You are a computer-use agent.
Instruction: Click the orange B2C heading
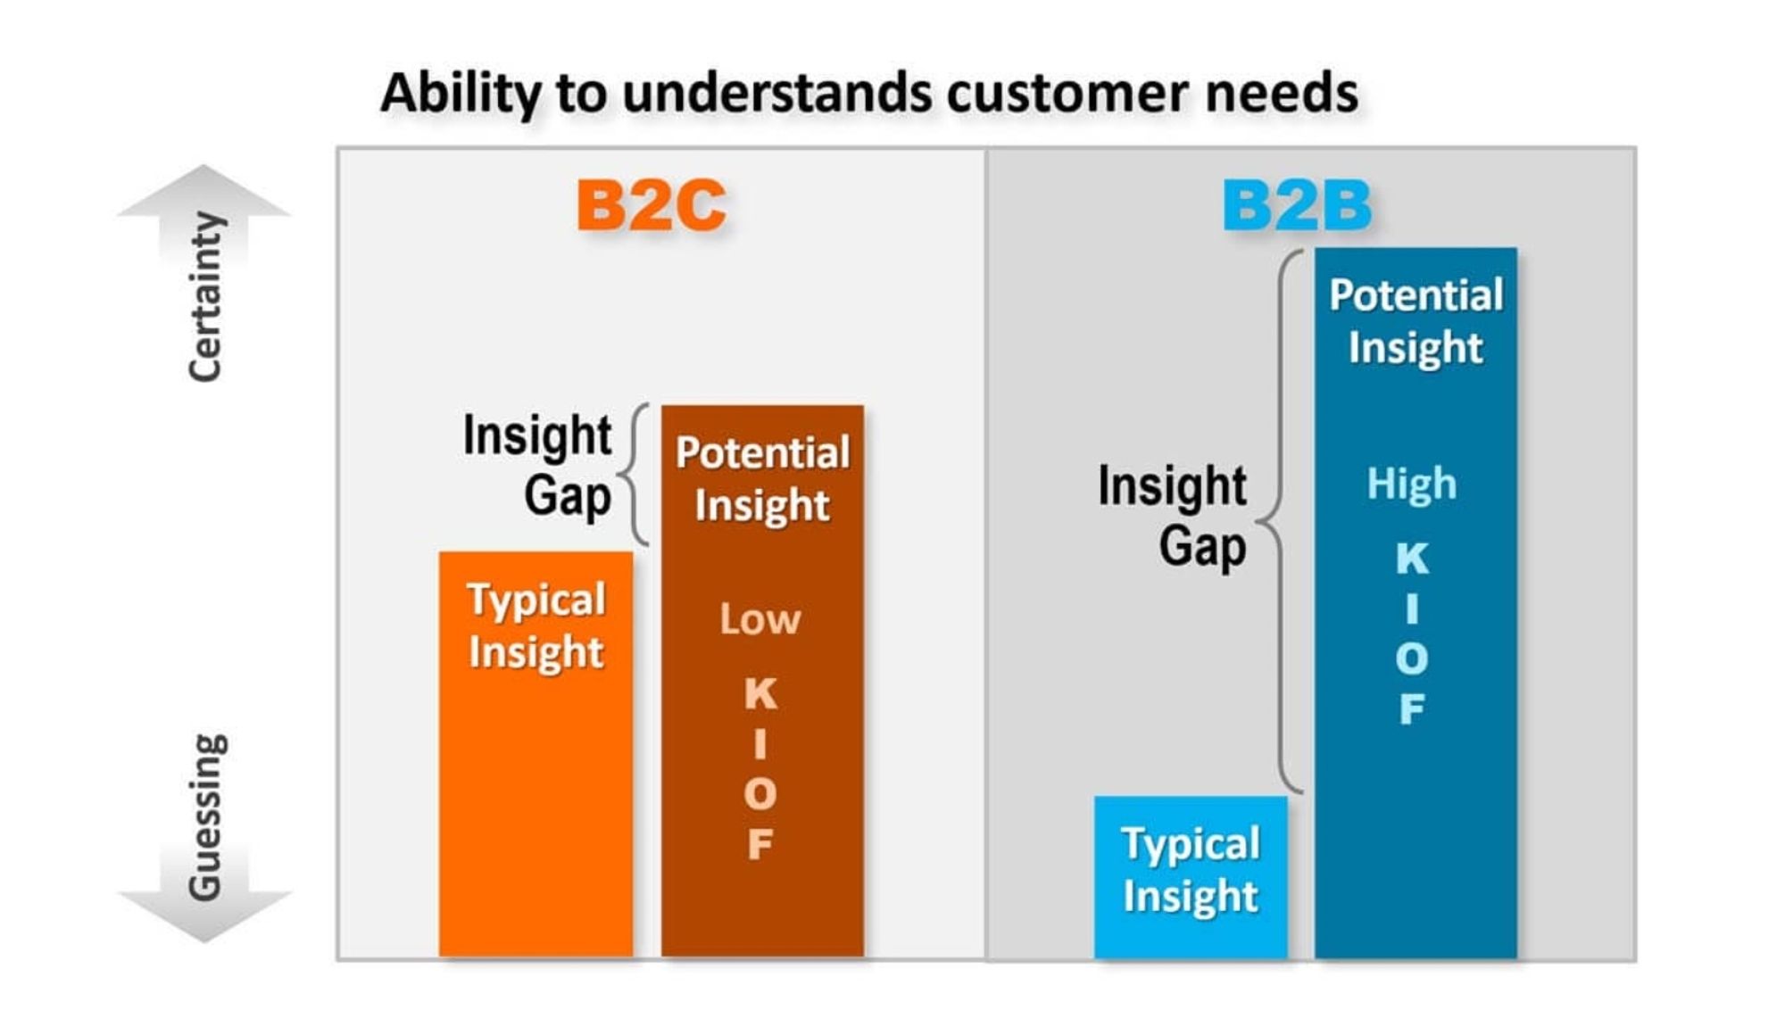(651, 205)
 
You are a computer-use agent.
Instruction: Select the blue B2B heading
(1296, 205)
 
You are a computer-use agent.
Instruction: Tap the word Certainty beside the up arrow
(205, 297)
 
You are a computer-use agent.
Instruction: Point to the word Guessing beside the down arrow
(205, 816)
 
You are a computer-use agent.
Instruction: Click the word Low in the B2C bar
(760, 619)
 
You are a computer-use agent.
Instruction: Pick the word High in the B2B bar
(1412, 484)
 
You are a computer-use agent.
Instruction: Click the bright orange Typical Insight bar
(535, 754)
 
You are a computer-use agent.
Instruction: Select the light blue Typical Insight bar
(1191, 877)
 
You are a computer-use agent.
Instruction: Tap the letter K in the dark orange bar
(760, 693)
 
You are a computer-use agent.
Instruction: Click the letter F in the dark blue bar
(1412, 709)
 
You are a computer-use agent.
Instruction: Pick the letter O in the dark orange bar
(760, 794)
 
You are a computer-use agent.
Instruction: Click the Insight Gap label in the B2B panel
(1172, 515)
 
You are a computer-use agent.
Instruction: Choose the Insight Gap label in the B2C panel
(536, 465)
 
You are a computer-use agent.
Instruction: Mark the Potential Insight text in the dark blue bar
(1416, 321)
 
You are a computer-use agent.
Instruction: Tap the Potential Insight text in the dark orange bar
(762, 478)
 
